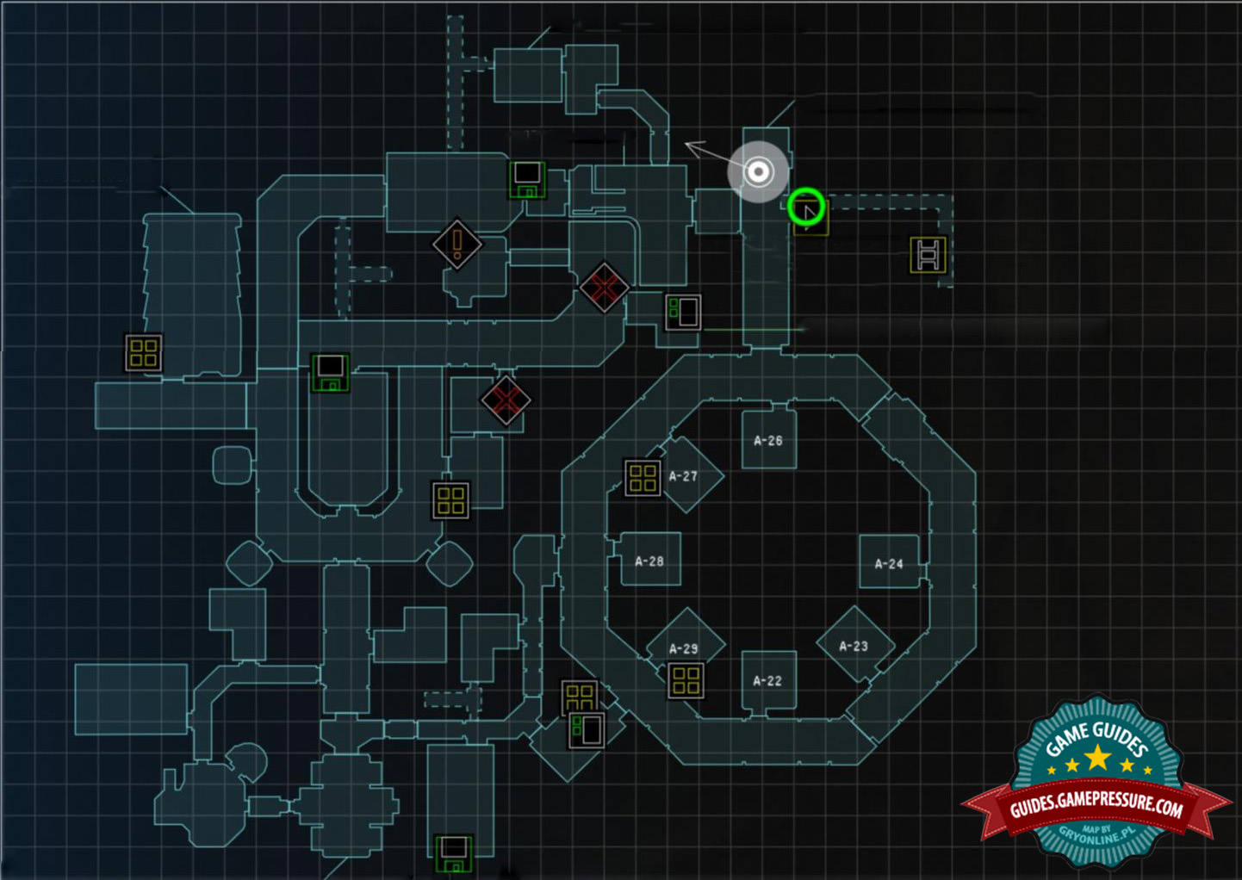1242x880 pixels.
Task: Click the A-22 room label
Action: (x=767, y=680)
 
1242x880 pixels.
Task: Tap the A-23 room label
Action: (x=854, y=646)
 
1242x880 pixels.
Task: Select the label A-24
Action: (x=889, y=564)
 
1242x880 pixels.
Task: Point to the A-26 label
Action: (x=768, y=441)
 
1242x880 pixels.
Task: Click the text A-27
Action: (x=683, y=476)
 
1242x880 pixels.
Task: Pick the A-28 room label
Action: (x=649, y=561)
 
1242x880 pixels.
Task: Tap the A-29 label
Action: (x=684, y=648)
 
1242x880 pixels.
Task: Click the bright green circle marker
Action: (x=806, y=208)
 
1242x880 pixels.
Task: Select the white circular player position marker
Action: (x=758, y=172)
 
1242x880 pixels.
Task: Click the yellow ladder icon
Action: (x=928, y=255)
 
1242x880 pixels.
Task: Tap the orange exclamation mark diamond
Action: (x=456, y=244)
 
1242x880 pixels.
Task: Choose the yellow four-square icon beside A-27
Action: (x=643, y=478)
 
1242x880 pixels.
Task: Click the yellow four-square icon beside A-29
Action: (x=686, y=680)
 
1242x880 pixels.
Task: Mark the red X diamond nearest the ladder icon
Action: (x=604, y=287)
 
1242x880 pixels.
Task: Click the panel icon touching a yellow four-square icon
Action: (x=587, y=730)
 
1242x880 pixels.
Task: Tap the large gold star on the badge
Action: (x=1097, y=758)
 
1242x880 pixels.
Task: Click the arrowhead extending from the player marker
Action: (x=692, y=146)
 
